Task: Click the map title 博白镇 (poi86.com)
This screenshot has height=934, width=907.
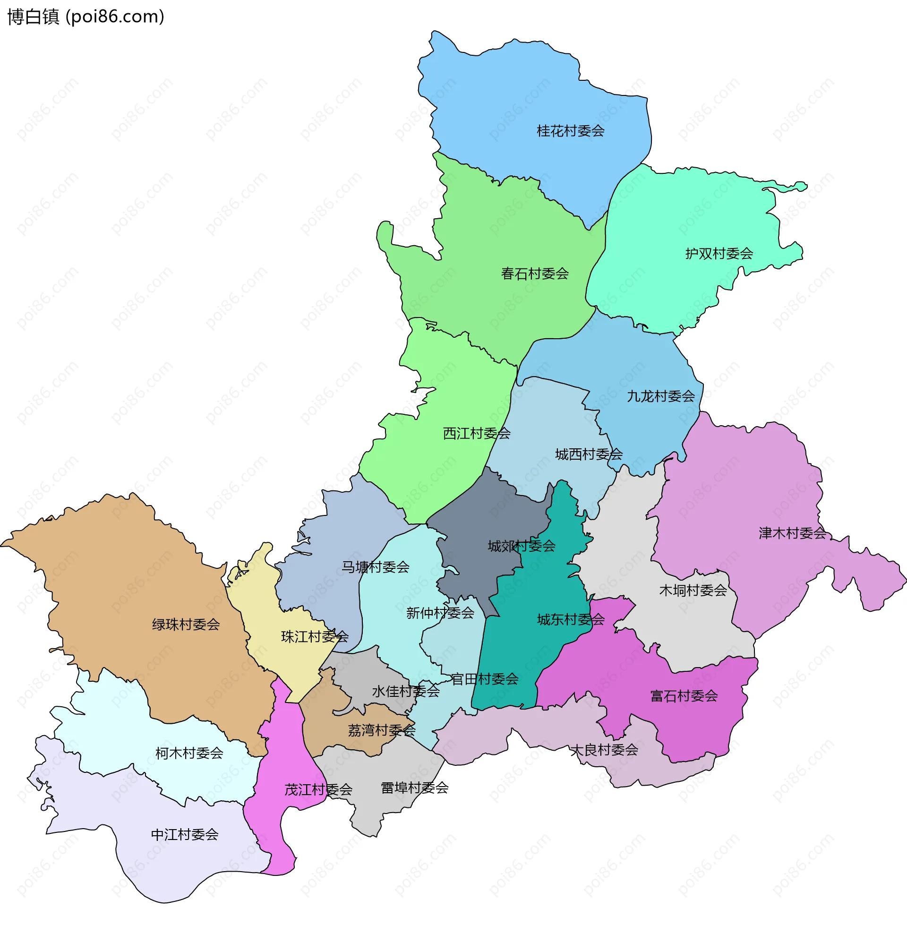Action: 86,17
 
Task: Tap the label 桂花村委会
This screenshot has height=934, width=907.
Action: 571,131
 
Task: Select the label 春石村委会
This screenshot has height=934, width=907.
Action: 535,274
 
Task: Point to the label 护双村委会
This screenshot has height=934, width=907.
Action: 719,254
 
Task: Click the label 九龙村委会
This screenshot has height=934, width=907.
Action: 660,396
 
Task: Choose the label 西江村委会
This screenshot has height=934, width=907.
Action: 477,434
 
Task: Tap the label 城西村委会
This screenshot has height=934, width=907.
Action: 589,454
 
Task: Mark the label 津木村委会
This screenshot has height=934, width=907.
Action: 792,533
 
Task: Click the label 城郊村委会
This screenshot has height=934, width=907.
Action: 522,547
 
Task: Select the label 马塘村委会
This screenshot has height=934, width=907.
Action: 376,567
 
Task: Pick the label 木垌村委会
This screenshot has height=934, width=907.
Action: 693,591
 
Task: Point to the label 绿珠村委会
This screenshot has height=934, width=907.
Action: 186,625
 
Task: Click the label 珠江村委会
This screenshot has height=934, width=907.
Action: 315,637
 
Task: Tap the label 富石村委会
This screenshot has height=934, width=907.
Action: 684,697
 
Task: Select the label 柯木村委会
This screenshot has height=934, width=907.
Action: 189,754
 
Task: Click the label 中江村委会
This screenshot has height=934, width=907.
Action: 184,835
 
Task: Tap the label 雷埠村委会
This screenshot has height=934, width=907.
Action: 415,788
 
